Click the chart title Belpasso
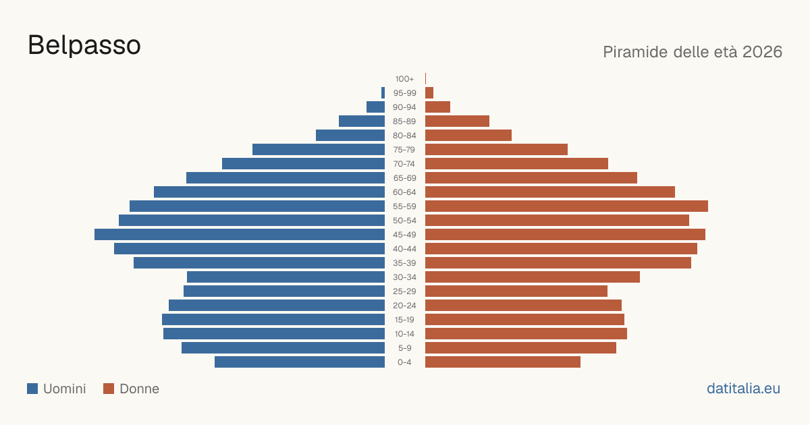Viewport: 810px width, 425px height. [84, 46]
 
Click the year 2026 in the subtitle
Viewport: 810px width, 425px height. [762, 52]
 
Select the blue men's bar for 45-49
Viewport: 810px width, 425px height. [240, 235]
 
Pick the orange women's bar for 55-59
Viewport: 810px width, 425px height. [566, 206]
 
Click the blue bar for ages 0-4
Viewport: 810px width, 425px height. [300, 362]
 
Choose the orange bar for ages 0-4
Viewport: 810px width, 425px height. [503, 362]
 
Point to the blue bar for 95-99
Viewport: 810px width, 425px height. [383, 93]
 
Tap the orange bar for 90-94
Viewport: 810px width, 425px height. [437, 107]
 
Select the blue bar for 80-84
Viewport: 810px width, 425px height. [350, 136]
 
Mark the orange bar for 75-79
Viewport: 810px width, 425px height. [497, 150]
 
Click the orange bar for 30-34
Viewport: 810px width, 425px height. [533, 277]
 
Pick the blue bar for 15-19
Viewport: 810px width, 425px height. [273, 320]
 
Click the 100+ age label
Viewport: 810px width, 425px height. [404, 79]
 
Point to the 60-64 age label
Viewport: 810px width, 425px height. [404, 192]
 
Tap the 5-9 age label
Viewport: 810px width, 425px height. [404, 348]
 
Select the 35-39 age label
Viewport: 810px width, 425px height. [404, 263]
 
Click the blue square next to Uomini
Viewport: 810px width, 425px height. [32, 389]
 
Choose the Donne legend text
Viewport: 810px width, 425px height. [139, 389]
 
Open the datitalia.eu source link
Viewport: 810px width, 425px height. [743, 389]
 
